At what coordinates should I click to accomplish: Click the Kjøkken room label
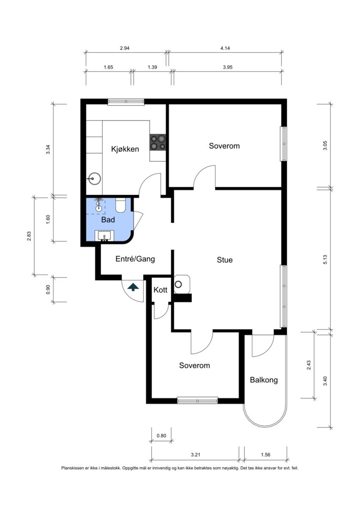tap(125, 149)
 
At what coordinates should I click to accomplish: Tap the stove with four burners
tap(158, 142)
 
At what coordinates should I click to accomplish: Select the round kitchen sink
tap(94, 179)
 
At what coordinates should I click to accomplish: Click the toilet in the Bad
tap(120, 205)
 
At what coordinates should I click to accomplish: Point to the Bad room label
tap(108, 220)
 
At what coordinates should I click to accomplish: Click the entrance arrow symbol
tap(133, 287)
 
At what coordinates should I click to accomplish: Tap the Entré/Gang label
tap(135, 259)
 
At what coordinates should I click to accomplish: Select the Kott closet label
tap(161, 290)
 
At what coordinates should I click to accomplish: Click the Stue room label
tap(224, 260)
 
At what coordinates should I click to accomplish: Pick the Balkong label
tap(264, 380)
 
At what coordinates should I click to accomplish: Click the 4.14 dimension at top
tap(225, 48)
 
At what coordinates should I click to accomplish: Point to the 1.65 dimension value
tap(108, 67)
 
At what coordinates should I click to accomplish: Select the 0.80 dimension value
tap(161, 436)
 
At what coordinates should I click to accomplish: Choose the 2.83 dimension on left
tap(29, 236)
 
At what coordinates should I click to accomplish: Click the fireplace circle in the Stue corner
tap(178, 284)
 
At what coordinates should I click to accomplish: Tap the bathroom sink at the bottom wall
tap(104, 236)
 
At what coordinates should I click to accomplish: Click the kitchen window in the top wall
tap(126, 102)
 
